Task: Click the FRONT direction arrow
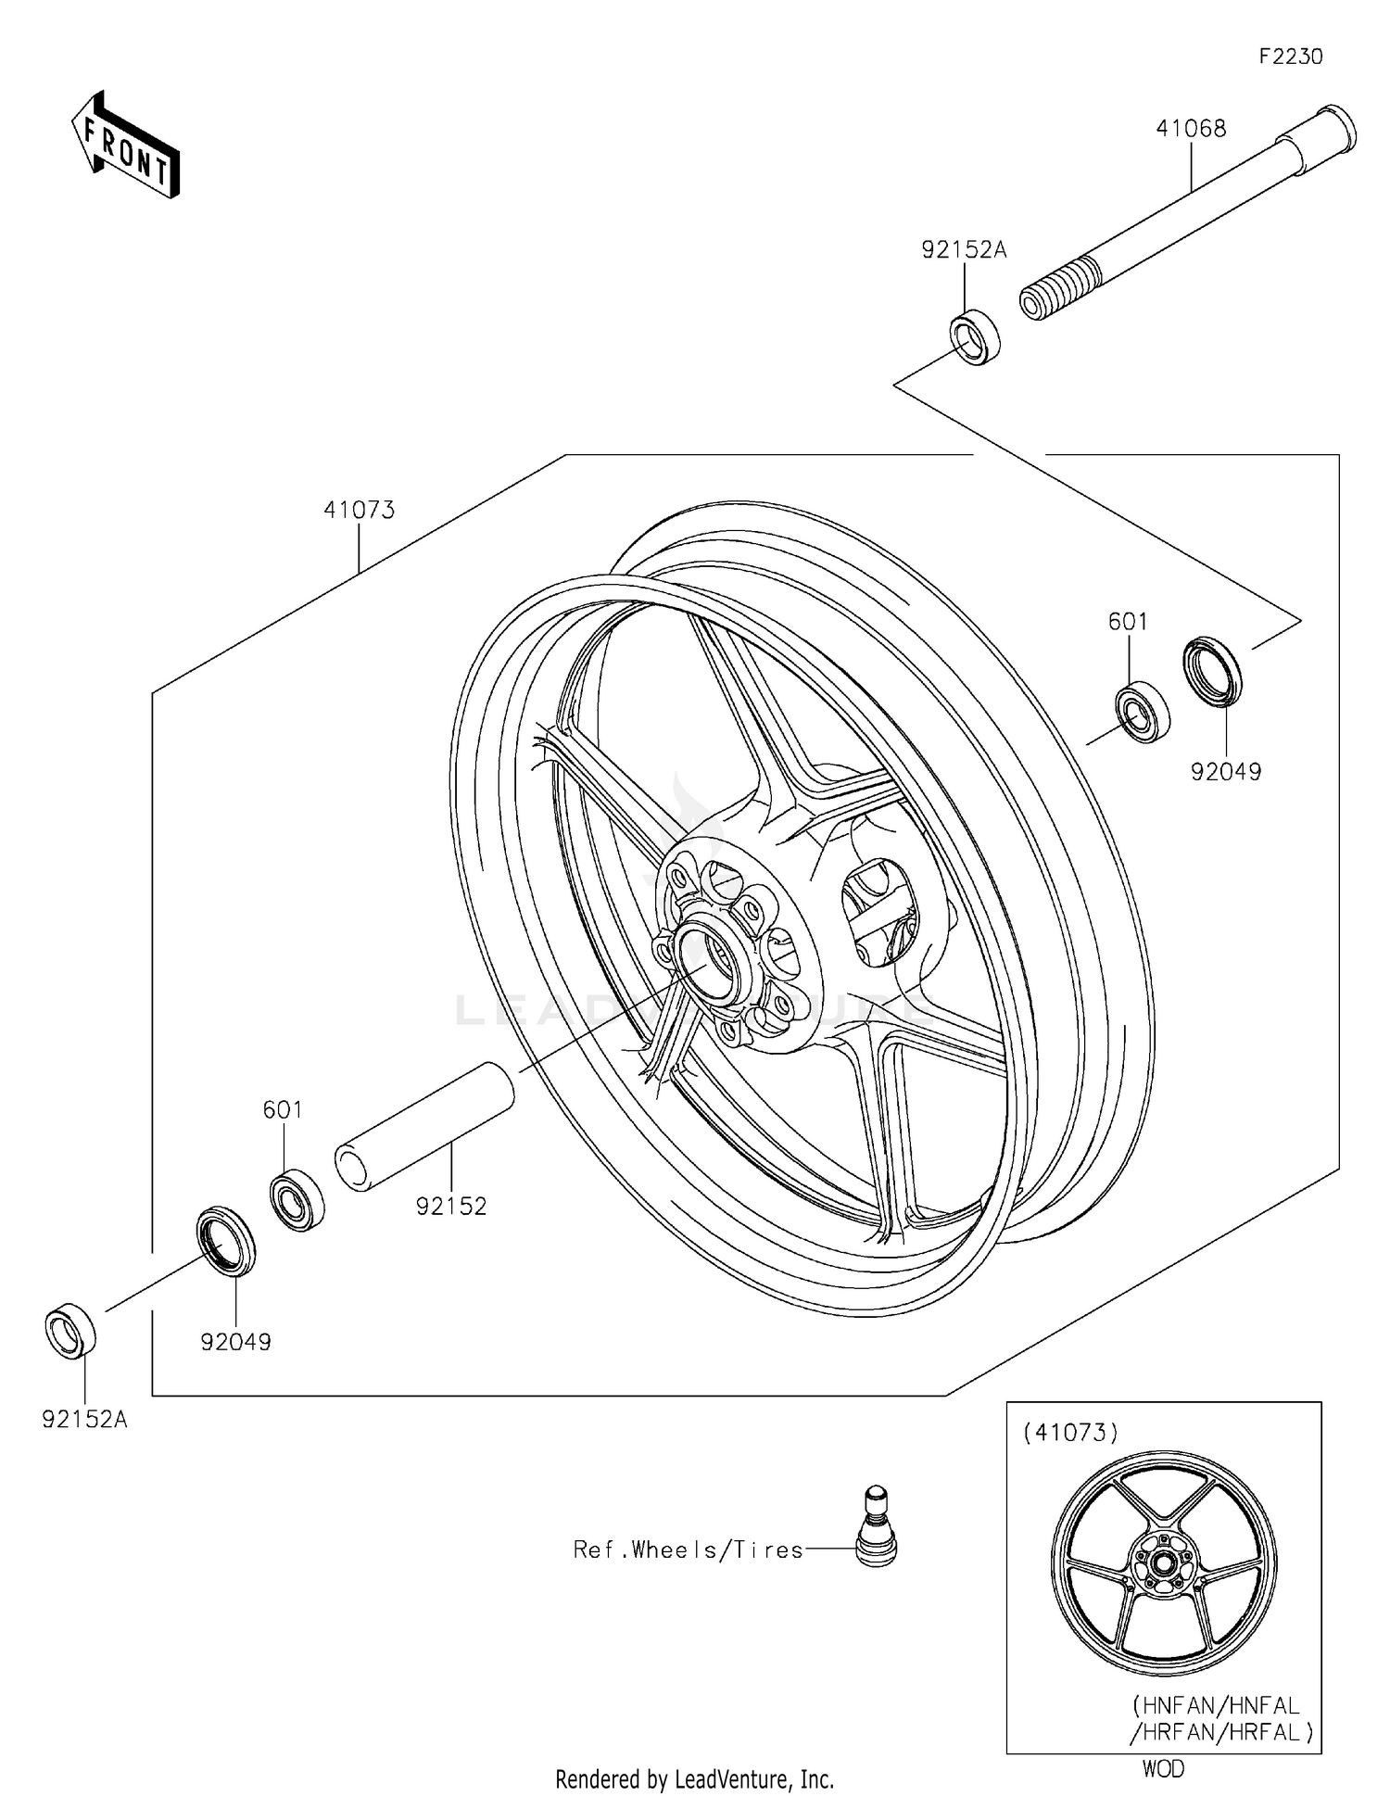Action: [x=126, y=145]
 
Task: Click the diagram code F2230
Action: [x=1290, y=57]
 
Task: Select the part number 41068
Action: [x=1190, y=129]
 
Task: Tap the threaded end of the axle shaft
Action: [x=1056, y=290]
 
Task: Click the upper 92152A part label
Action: [x=963, y=249]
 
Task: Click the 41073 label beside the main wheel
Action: [x=359, y=510]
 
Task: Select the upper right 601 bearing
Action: [x=1142, y=712]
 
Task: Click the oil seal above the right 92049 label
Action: [x=1213, y=672]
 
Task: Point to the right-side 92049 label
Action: [x=1225, y=771]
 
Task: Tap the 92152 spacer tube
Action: [x=423, y=1127]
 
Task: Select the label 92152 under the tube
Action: [x=451, y=1207]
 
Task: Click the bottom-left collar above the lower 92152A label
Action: [x=70, y=1331]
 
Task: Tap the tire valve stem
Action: [x=875, y=1539]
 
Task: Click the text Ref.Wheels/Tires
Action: [x=688, y=1550]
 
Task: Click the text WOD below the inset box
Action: [x=1162, y=1769]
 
